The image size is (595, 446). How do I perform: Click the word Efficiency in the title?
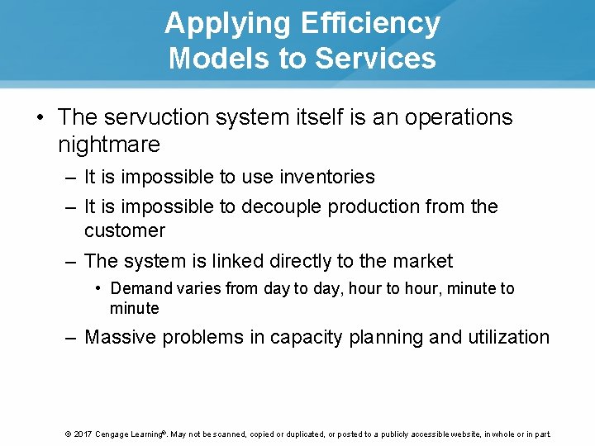point(370,23)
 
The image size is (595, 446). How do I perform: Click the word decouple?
point(282,206)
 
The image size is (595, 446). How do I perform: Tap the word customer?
point(125,230)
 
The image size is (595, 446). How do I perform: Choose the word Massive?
point(122,337)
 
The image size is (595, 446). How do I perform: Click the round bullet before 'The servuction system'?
point(41,117)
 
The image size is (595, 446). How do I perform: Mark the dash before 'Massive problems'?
point(71,337)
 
